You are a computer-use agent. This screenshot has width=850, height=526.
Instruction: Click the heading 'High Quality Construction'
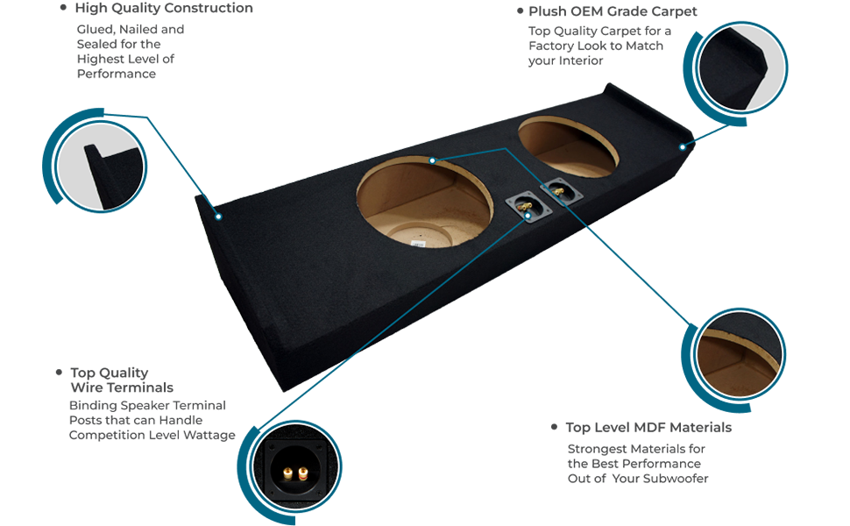(164, 9)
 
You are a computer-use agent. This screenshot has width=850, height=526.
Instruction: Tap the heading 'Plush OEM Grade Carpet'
(613, 11)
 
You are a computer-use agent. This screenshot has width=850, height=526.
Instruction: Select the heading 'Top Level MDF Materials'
(648, 428)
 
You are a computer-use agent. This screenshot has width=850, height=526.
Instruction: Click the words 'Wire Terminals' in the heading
(122, 387)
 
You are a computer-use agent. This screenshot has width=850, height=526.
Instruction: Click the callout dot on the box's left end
(218, 216)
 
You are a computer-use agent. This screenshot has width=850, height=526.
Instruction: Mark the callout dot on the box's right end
(683, 147)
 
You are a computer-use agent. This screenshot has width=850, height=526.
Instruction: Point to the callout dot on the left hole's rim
(432, 160)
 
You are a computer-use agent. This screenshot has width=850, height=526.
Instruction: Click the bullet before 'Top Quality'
(60, 373)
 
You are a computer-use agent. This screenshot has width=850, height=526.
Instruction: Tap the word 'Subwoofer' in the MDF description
(669, 479)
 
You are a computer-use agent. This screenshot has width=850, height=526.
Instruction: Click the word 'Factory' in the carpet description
(552, 46)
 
